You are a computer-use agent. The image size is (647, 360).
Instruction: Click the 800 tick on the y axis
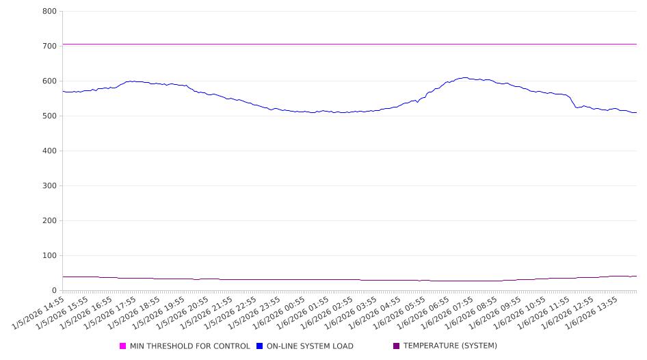coord(49,11)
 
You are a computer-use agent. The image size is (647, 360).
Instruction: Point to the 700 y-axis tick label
coord(49,46)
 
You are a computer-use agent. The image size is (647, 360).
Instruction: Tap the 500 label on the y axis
coord(49,116)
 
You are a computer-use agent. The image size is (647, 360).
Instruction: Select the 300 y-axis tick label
coord(49,185)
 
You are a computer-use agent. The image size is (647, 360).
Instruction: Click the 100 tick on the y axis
coord(49,255)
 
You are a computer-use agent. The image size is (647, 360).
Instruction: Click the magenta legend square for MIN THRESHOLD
coord(123,346)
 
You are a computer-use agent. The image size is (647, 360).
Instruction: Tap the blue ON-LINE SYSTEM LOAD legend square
coord(260,346)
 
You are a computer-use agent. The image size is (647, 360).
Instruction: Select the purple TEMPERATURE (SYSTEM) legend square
coord(397,346)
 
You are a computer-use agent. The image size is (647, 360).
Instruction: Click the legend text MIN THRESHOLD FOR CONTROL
coord(189,346)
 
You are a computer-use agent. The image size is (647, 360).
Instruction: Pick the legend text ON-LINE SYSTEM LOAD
coord(310,346)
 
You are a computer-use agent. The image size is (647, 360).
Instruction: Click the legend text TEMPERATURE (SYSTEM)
coord(450,346)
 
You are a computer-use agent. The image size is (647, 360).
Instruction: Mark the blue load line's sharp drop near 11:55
coord(572,101)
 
